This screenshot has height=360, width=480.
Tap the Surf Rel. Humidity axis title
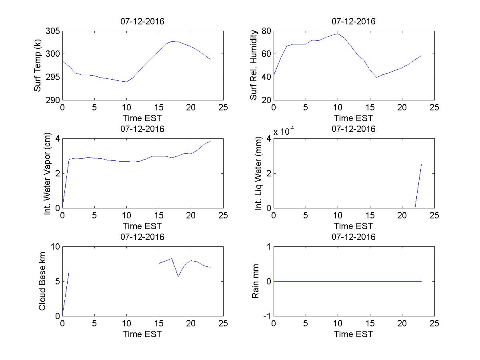coord(253,65)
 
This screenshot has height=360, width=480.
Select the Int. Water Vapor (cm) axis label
coord(48,173)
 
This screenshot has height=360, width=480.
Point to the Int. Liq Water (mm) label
coord(259,173)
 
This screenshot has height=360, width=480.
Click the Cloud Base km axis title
coord(42,281)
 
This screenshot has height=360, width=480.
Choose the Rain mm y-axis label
coord(255,281)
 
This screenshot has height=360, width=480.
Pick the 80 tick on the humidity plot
coord(266,31)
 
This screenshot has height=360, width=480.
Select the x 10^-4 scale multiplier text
coord(284,132)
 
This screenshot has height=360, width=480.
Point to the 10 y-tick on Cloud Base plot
coord(55,247)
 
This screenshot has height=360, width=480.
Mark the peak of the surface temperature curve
coord(172,41)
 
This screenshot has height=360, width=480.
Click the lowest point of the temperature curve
coord(126,82)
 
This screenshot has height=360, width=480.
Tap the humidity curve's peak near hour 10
coord(338,34)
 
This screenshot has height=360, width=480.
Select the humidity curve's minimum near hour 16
coord(376,77)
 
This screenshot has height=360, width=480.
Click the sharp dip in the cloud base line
coord(178,276)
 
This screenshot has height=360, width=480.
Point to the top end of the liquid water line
coord(421,164)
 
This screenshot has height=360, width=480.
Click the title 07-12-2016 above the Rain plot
coord(354,237)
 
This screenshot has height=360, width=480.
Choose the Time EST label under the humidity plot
coord(354,118)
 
